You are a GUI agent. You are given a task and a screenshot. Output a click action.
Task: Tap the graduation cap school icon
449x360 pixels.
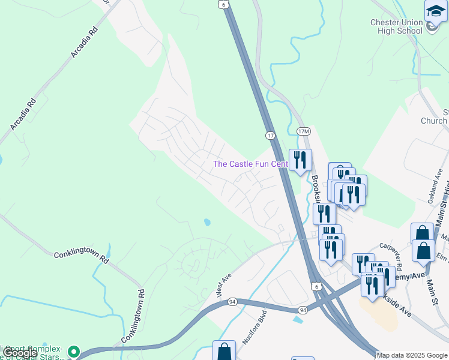coord(436,12)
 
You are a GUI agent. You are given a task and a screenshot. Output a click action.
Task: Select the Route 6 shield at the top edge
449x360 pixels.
coord(223,4)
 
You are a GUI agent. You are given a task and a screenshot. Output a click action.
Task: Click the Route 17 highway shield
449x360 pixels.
coord(271,136)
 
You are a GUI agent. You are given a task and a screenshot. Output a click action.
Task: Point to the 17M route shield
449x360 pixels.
coord(304,131)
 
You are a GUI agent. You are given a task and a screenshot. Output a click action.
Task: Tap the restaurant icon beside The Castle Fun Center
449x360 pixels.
coord(300,160)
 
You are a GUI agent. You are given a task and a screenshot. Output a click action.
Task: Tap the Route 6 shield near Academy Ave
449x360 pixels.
coord(315,288)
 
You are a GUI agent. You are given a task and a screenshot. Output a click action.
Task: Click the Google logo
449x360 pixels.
coord(19,353)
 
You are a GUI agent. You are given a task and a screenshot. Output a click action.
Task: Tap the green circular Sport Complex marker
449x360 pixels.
coord(74,352)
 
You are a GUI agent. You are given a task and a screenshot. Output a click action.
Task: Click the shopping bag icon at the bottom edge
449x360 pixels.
coord(224,351)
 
